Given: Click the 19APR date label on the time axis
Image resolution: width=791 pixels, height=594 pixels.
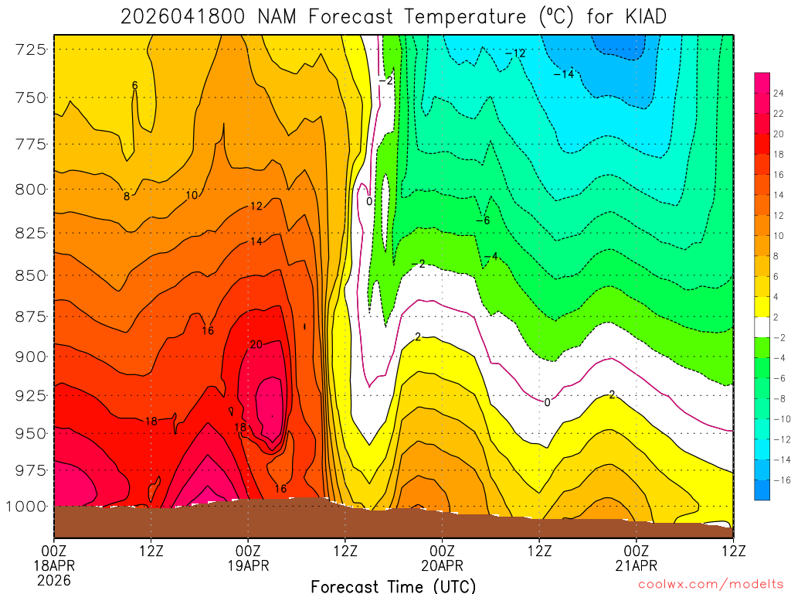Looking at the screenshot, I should pos(248,565).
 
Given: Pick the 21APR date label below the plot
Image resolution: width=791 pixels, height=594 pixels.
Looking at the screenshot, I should pos(636,565).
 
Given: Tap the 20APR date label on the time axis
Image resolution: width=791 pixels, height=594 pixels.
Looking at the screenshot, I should pos(442,565).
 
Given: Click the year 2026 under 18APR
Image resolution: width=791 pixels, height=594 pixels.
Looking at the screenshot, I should pos(54,579).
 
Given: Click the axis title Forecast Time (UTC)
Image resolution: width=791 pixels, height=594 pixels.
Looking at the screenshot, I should pos(393,586).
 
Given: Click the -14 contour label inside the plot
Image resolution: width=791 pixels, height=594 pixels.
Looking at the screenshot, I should pos(564,74).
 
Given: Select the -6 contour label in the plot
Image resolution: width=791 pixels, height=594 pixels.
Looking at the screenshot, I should pos(483,220).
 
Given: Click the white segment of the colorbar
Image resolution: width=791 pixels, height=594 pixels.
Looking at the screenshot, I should pos(762,327).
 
